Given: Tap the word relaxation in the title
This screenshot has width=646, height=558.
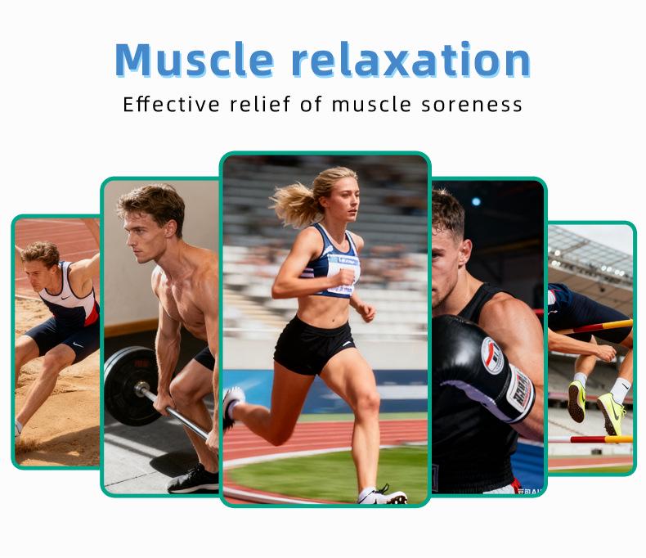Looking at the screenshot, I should pos(410,59).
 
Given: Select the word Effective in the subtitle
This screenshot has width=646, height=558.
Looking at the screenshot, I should pos(170,105).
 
